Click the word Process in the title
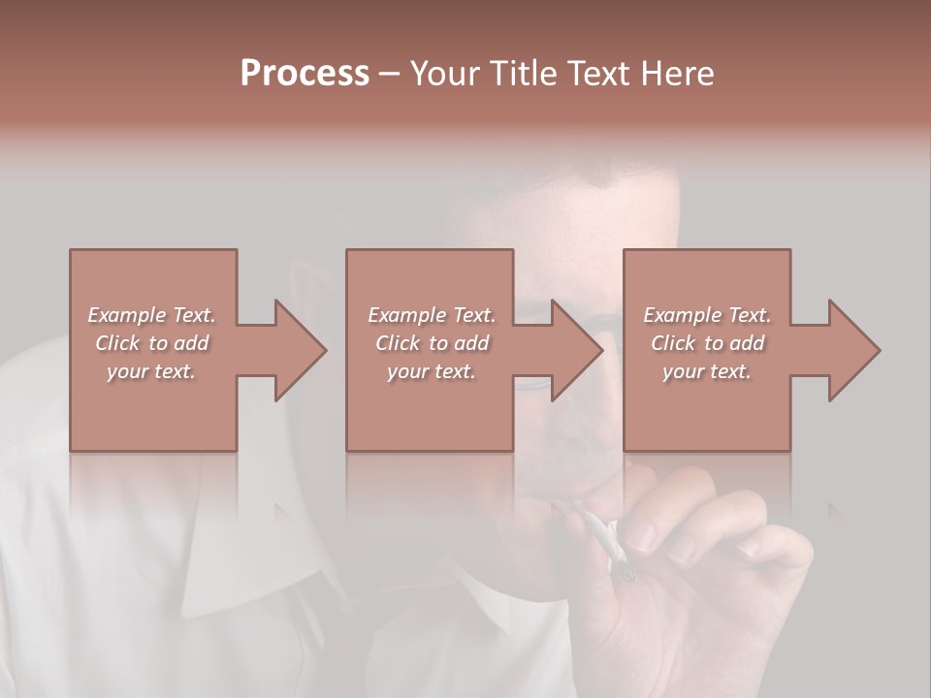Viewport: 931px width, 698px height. pyautogui.click(x=305, y=74)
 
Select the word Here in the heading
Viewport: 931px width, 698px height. pyautogui.click(x=678, y=74)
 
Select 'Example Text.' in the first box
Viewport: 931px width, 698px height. pyautogui.click(x=151, y=315)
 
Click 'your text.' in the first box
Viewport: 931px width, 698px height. pyautogui.click(x=151, y=371)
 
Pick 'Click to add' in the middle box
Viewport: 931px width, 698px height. pyautogui.click(x=432, y=343)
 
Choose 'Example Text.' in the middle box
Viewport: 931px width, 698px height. pyautogui.click(x=432, y=315)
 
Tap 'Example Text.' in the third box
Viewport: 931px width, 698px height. pyautogui.click(x=707, y=315)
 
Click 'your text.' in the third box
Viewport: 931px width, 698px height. pyautogui.click(x=707, y=371)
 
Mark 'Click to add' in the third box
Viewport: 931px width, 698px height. pyautogui.click(x=707, y=343)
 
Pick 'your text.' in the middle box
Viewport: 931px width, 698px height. pyautogui.click(x=432, y=371)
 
